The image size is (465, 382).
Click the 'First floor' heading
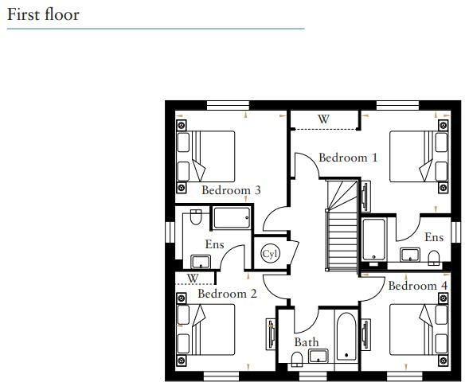44,14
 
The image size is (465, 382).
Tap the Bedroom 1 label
348,158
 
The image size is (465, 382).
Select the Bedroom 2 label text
227,294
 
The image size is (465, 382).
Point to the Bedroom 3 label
231,190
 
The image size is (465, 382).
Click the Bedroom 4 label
417,285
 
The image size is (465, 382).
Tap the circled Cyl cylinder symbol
270,253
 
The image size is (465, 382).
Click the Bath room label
307,342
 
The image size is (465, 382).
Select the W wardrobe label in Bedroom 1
323,119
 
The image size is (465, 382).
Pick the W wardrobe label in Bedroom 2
192,279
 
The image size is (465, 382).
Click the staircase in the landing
340,231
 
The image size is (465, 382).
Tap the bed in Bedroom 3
207,159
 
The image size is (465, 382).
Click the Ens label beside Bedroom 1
433,237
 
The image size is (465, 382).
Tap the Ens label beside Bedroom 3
214,244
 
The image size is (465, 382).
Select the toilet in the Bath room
298,360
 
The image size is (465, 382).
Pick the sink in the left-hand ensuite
198,261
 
